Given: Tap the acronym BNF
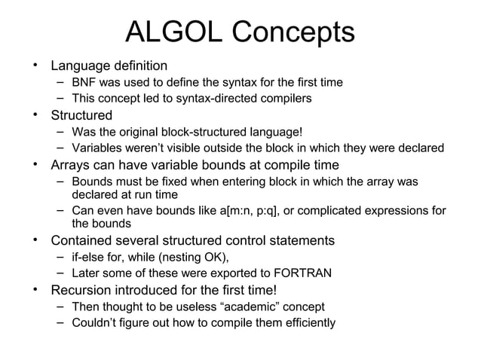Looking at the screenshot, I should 84,82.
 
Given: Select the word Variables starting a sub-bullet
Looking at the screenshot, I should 96,148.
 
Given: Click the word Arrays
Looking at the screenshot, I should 72,165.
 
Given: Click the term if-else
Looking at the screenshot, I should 85,257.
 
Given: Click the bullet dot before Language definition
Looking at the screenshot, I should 34,66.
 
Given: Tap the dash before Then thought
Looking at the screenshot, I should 60,307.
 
